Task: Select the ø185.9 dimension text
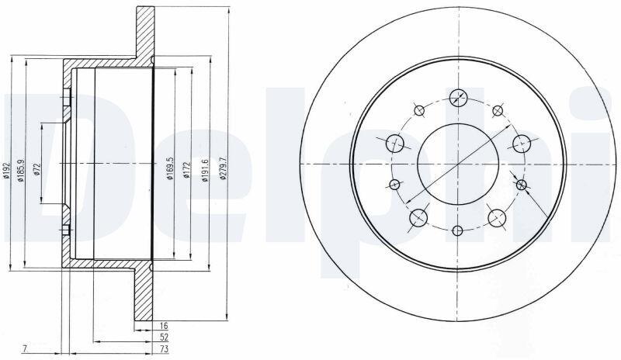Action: point(22,169)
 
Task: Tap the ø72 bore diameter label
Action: point(36,168)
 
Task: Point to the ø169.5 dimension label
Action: point(170,168)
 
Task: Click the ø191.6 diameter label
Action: point(205,170)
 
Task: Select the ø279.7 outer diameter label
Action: point(223,168)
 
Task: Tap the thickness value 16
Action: point(164,326)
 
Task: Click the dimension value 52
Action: point(164,337)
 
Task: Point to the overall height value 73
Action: point(164,349)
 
